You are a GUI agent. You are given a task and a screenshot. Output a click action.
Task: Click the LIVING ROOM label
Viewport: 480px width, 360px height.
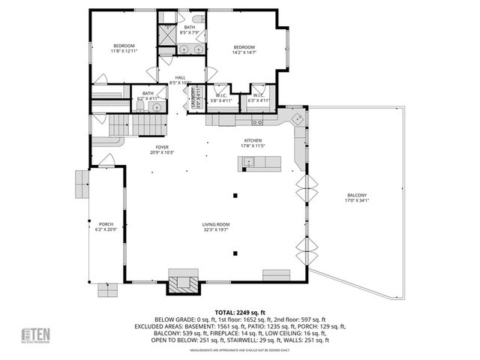215,224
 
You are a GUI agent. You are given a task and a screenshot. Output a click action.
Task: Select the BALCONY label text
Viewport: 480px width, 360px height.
356,196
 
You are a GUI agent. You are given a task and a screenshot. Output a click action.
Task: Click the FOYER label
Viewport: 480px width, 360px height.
162,147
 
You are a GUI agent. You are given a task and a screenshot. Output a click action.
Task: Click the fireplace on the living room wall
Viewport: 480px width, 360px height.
183,283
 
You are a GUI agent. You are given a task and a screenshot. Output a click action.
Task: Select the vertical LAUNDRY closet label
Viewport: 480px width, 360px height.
196,100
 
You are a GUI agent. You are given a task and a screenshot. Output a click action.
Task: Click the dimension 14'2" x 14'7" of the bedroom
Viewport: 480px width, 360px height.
244,52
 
